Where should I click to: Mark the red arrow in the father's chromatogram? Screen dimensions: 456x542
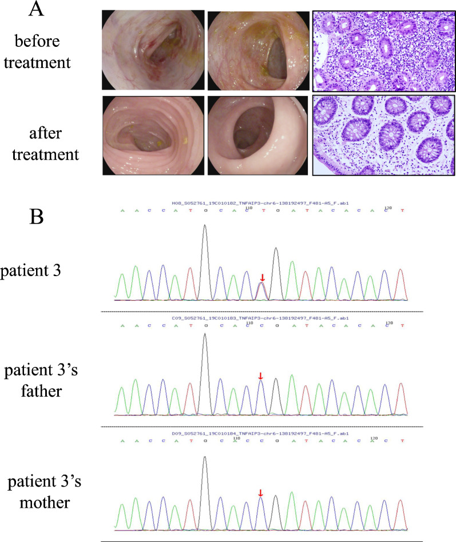point(261,376)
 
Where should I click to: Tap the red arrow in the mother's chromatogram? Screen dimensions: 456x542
point(261,493)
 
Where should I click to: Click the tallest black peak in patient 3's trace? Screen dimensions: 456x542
point(205,229)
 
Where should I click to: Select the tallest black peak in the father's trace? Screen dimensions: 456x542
point(205,337)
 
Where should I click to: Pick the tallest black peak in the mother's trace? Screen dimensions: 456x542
point(205,460)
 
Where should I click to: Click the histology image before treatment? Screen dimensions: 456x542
point(383,51)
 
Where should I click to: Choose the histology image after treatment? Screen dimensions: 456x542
point(383,134)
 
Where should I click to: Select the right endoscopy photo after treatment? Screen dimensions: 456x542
point(257,134)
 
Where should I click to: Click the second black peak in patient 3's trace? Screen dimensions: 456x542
point(276,252)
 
